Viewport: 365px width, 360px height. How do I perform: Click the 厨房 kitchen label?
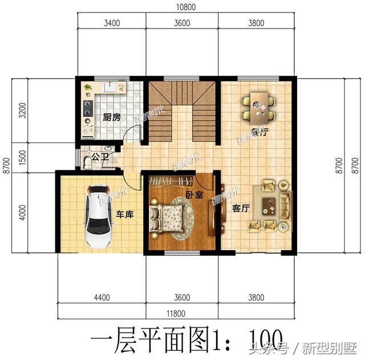(111, 118)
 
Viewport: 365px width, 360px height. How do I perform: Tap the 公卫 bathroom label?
(102, 157)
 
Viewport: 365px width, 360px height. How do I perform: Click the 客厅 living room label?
(241, 208)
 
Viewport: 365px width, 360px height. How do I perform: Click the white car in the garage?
(98, 215)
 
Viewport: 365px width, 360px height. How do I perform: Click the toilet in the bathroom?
(87, 162)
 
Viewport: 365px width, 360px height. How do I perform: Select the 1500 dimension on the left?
(22, 158)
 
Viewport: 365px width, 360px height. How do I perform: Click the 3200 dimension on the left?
(22, 111)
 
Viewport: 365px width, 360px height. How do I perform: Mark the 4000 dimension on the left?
(22, 211)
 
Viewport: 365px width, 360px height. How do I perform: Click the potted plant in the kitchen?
(87, 88)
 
